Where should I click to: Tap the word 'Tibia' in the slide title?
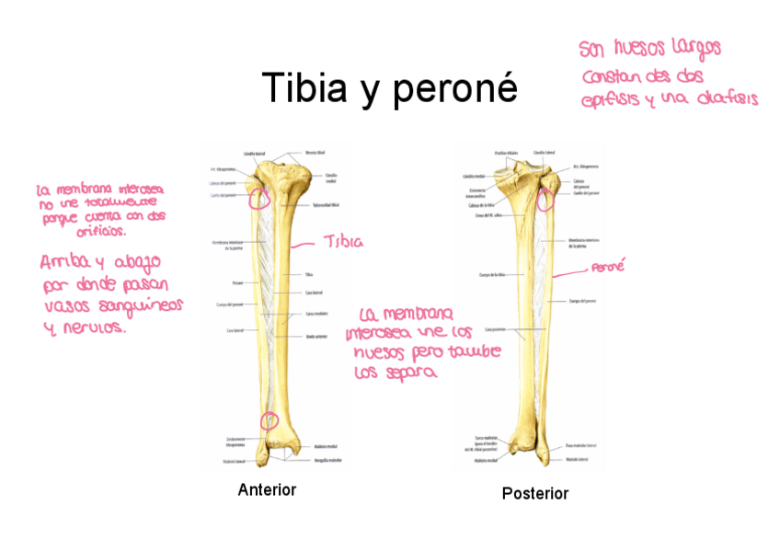(304, 88)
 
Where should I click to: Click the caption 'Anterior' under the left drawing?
(267, 490)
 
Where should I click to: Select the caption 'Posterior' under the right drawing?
(535, 494)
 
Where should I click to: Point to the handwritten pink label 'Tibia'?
(342, 242)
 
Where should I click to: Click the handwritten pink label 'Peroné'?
(608, 267)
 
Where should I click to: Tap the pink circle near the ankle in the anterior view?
(269, 420)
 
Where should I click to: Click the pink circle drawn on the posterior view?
(545, 197)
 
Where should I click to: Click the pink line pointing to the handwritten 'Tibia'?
(306, 246)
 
